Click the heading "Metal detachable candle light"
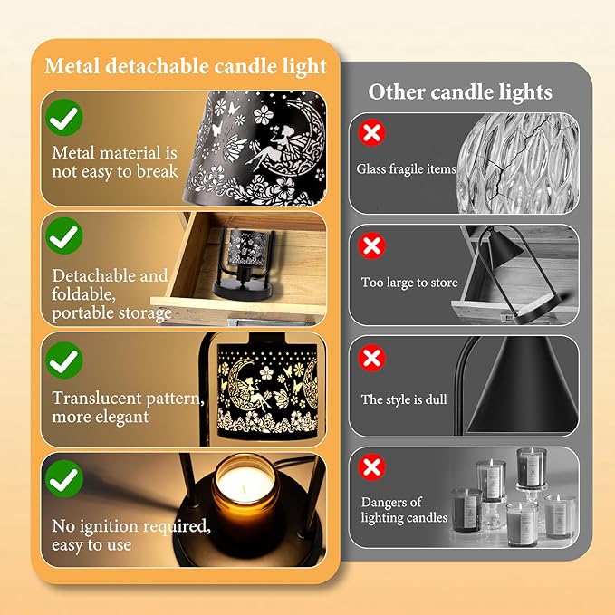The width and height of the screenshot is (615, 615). [185, 66]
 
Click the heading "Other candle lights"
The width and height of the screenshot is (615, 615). [459, 91]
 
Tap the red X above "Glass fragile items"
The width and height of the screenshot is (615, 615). [370, 134]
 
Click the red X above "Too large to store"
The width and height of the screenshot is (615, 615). [370, 245]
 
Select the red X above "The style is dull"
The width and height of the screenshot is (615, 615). [371, 358]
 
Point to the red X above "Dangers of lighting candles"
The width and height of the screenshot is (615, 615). [371, 468]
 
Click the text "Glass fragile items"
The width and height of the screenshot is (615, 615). [406, 168]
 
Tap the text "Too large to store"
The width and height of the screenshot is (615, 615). [409, 283]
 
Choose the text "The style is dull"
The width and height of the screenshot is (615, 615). [405, 399]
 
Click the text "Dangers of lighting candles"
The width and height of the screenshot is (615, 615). [404, 510]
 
